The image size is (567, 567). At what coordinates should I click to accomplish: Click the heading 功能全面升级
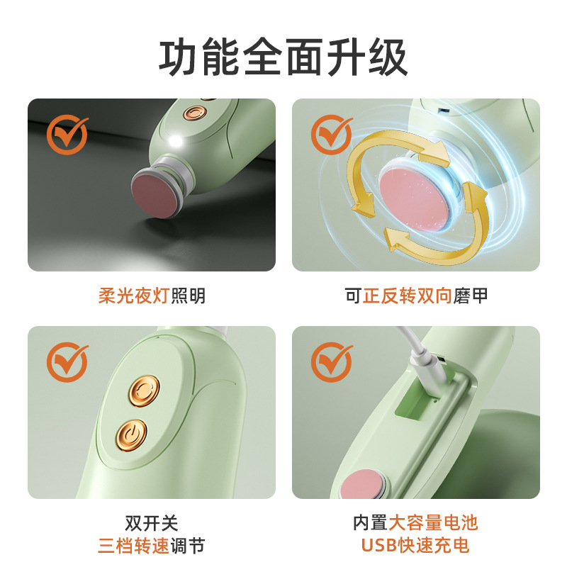[283, 57]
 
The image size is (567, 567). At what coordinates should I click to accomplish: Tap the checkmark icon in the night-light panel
[67, 134]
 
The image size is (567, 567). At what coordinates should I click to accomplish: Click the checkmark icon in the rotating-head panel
[332, 134]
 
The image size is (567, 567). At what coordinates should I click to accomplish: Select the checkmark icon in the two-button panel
[67, 362]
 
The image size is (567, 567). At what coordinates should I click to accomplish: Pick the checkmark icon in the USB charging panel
[332, 362]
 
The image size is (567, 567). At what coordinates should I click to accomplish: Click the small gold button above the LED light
[193, 113]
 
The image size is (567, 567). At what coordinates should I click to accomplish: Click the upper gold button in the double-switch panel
[144, 389]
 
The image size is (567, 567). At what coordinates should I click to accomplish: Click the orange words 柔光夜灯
[134, 296]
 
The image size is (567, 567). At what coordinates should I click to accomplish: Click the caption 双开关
[151, 523]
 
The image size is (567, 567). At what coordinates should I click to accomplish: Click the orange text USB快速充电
[415, 546]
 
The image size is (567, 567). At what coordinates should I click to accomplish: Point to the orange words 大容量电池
[434, 523]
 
